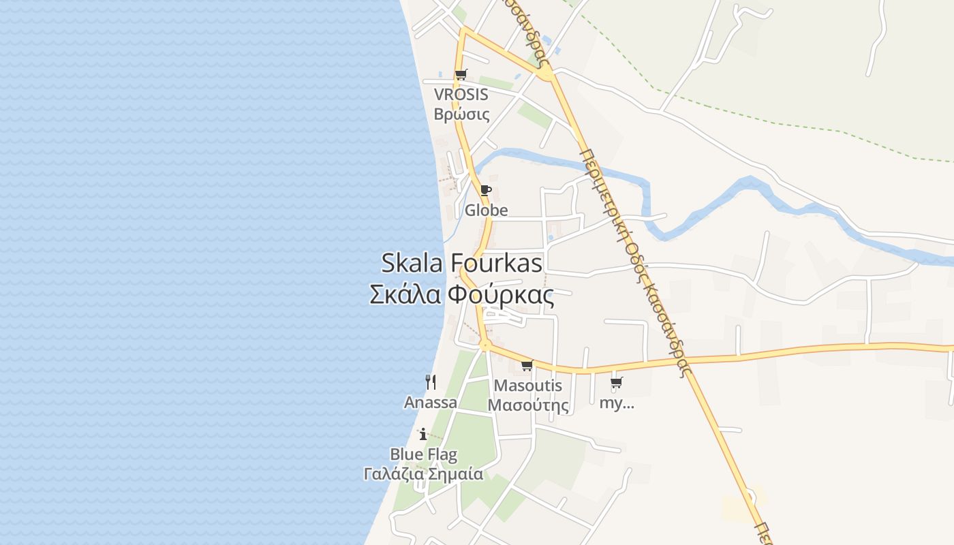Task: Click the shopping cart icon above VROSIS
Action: click(x=461, y=74)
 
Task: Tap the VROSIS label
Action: click(x=461, y=95)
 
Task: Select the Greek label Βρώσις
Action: click(x=461, y=113)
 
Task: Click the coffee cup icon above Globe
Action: click(x=486, y=190)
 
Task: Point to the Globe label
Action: click(x=486, y=210)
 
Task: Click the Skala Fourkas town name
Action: click(x=461, y=263)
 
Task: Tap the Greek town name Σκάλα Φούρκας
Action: click(x=461, y=295)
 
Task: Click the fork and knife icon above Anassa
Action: click(x=430, y=381)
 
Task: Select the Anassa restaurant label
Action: click(x=430, y=402)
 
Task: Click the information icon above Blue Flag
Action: click(x=423, y=434)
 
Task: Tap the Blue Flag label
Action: click(x=423, y=454)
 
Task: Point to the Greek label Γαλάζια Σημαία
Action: click(x=423, y=473)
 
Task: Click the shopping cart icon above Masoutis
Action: click(x=527, y=366)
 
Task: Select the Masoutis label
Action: click(x=528, y=386)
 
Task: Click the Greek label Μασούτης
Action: click(x=528, y=405)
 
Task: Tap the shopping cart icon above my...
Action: click(x=616, y=382)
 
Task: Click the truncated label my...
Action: click(x=616, y=403)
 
